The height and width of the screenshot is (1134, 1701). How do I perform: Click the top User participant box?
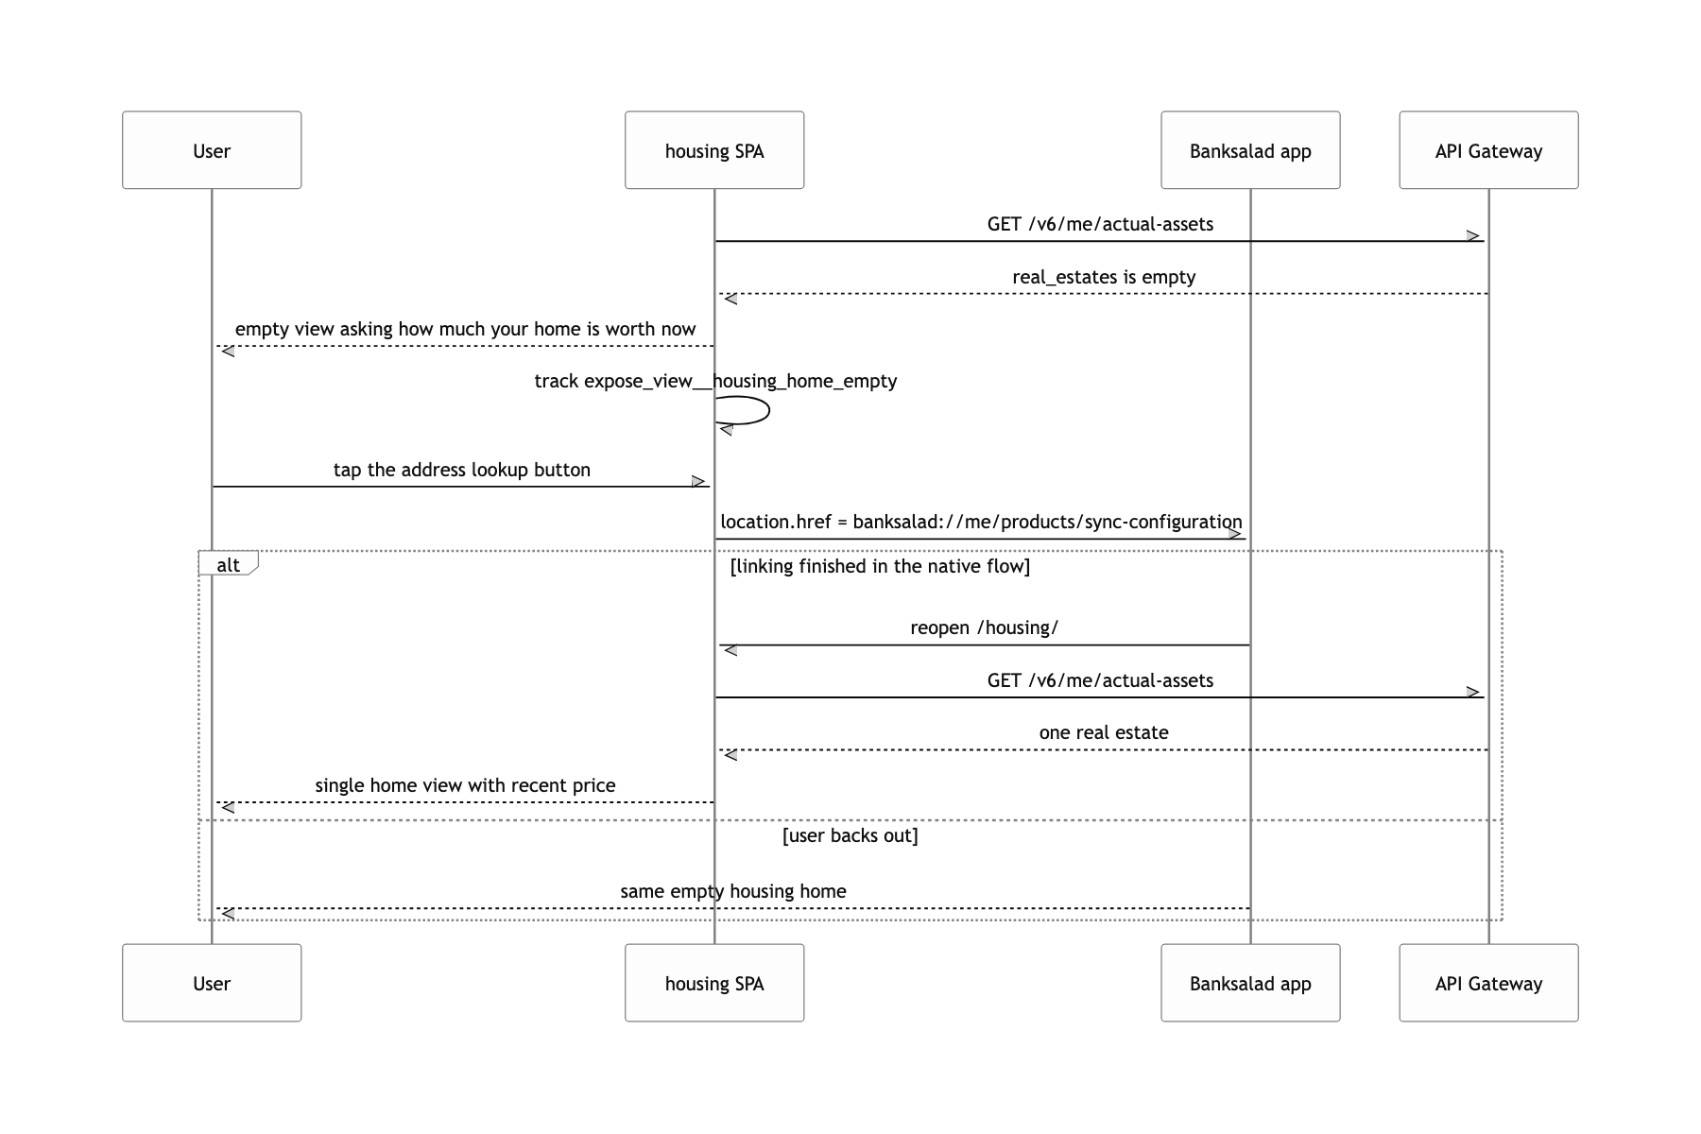pyautogui.click(x=212, y=150)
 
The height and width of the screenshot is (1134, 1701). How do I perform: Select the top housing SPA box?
pyautogui.click(x=714, y=150)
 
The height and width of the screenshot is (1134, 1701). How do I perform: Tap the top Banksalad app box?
pyautogui.click(x=1250, y=150)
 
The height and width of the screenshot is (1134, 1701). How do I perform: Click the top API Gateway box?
pyautogui.click(x=1488, y=150)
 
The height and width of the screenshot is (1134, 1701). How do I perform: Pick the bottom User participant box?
pyautogui.click(x=212, y=983)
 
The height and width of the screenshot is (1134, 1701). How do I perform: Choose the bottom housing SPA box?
pyautogui.click(x=714, y=983)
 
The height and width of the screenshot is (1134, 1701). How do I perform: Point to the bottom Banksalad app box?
pyautogui.click(x=1250, y=983)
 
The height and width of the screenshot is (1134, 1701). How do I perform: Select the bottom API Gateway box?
pyautogui.click(x=1488, y=983)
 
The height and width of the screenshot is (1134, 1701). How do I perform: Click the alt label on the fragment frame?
pyautogui.click(x=229, y=565)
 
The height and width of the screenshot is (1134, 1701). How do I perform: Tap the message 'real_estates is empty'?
pyautogui.click(x=1104, y=277)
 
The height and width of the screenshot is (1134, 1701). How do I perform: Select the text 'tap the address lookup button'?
pyautogui.click(x=462, y=470)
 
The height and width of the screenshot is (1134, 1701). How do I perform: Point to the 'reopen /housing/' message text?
pyautogui.click(x=985, y=627)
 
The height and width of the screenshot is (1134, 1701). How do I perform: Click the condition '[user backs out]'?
pyautogui.click(x=850, y=835)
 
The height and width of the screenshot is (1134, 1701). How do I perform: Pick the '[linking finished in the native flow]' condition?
pyautogui.click(x=881, y=566)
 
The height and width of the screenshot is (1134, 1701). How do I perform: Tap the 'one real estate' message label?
pyautogui.click(x=1104, y=732)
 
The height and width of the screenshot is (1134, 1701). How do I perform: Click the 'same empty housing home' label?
pyautogui.click(x=733, y=891)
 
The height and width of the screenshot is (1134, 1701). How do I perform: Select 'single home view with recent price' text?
pyautogui.click(x=465, y=785)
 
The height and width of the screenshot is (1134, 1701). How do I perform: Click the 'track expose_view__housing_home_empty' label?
pyautogui.click(x=715, y=381)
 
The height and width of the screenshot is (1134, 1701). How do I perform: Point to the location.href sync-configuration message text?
pyautogui.click(x=981, y=522)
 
